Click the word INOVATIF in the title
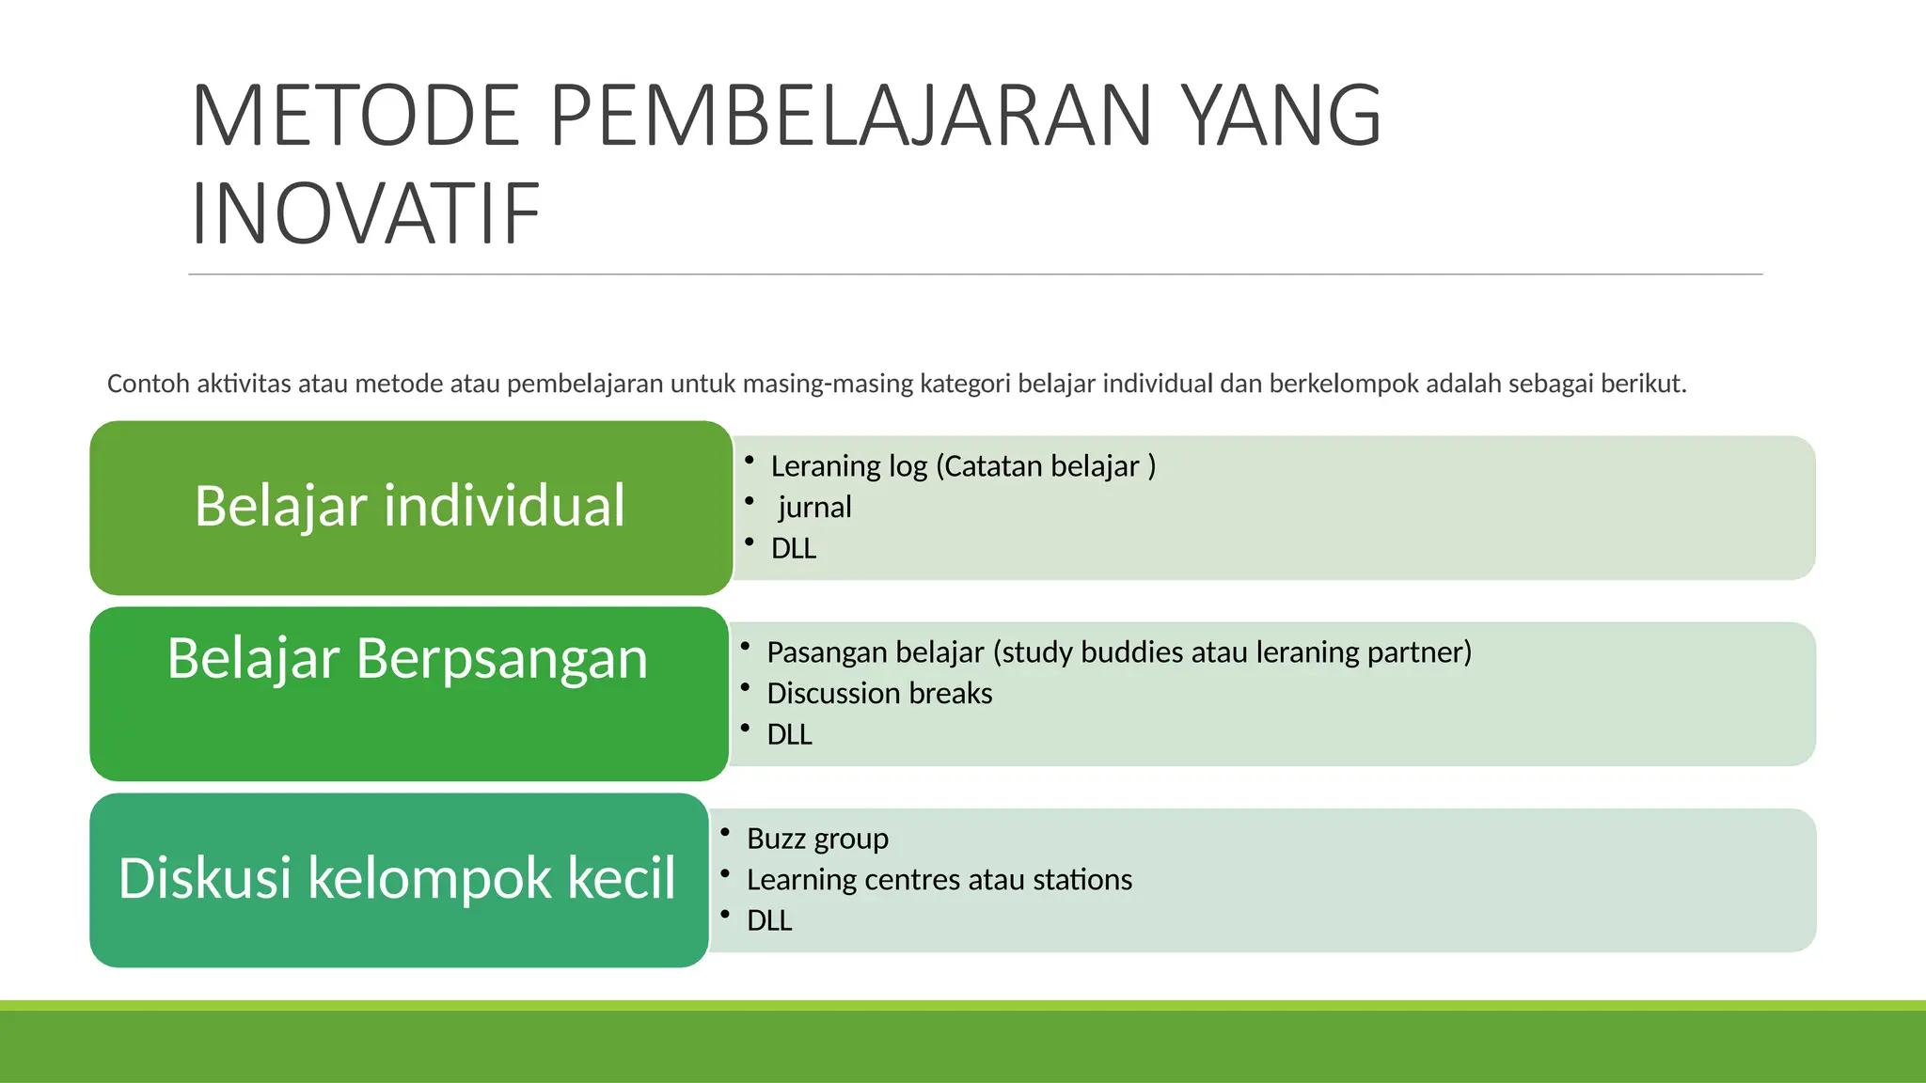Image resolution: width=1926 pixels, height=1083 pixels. (365, 214)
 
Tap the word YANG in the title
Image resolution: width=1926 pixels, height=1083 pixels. (1281, 117)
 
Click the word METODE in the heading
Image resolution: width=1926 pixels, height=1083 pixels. (355, 117)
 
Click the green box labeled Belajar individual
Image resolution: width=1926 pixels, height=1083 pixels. (410, 507)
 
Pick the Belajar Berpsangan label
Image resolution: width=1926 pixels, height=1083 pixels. (407, 658)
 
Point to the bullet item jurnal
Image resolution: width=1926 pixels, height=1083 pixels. (814, 508)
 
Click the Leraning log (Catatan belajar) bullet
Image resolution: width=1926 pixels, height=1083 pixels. (963, 466)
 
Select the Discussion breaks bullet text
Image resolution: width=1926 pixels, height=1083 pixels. (879, 694)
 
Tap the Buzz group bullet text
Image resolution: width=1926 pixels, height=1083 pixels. (817, 839)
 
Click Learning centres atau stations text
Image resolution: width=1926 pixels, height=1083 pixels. (939, 880)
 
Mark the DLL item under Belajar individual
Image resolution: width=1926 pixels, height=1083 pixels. (794, 549)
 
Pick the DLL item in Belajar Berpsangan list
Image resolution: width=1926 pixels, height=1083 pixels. (789, 735)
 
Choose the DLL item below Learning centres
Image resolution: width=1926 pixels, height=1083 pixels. (769, 921)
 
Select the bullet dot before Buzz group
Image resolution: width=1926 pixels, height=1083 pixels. (725, 832)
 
